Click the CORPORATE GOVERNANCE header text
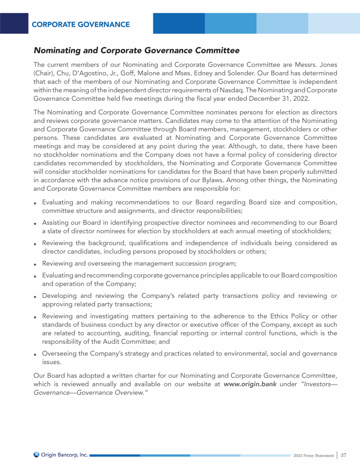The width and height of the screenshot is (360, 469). pos(81,24)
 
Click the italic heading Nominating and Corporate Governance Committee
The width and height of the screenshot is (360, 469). pos(136,50)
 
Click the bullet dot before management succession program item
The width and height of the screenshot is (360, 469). pos(36,264)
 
